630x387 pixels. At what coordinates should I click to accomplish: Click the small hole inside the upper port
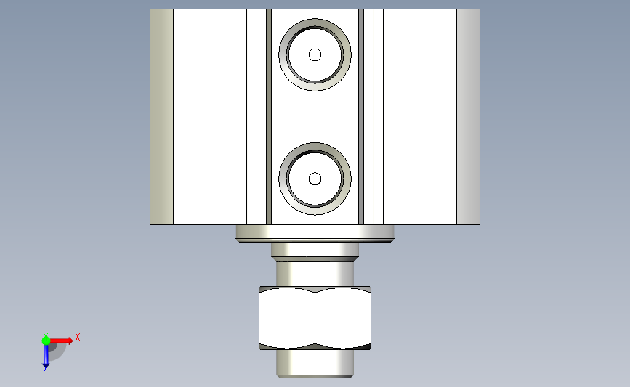315,54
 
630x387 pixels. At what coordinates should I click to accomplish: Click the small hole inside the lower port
315,179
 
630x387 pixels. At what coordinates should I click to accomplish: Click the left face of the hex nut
287,317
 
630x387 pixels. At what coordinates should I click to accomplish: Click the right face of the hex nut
343,317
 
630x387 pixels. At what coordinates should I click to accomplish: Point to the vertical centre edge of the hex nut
315,317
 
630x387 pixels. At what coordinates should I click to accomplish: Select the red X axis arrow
61,341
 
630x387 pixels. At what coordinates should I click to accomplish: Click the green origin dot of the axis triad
46,341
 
